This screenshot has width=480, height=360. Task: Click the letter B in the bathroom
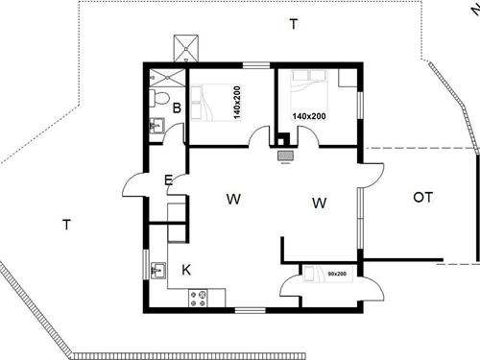(x=176, y=108)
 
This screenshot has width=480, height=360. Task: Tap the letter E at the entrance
(x=168, y=179)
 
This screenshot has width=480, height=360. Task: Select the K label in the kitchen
(x=186, y=270)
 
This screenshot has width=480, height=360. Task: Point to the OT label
(x=422, y=198)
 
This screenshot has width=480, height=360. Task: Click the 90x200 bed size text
(x=336, y=274)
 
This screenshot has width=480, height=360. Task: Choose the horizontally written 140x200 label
(x=309, y=116)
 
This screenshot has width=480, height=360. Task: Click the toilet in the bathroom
(x=161, y=97)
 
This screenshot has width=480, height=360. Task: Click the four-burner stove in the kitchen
(x=199, y=299)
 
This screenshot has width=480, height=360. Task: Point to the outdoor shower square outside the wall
(x=185, y=48)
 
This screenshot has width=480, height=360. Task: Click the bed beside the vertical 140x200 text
(x=209, y=99)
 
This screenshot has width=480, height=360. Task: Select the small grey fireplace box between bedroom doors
(x=285, y=154)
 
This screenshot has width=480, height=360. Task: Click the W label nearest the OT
(x=320, y=203)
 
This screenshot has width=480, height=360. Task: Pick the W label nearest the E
(x=233, y=200)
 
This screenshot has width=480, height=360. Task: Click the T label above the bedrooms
(x=293, y=25)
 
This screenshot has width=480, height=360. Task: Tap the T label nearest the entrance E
(x=66, y=225)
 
